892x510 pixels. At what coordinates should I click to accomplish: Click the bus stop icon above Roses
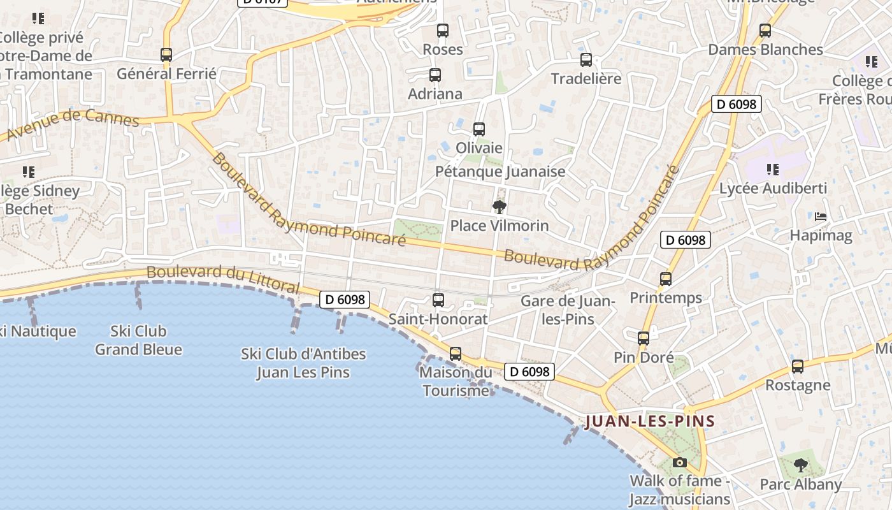pos(442,31)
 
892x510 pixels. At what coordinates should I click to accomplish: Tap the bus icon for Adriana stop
pos(435,75)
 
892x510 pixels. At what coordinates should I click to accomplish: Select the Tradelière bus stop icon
pos(586,60)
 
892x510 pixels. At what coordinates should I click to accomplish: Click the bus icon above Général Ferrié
pos(166,55)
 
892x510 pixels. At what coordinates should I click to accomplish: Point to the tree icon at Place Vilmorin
pos(500,207)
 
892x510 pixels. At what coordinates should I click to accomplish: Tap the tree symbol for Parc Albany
pos(801,465)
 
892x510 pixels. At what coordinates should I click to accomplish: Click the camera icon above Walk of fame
pos(680,462)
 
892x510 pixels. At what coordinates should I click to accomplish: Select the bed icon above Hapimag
pos(821,217)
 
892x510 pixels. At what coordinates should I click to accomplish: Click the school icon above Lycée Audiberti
pos(773,170)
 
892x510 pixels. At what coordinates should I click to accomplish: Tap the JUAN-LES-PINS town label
pos(650,421)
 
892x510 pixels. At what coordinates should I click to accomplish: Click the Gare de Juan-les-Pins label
pos(567,310)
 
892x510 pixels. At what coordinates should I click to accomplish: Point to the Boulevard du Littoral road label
pos(223,279)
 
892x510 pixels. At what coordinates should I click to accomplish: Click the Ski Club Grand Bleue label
pos(138,340)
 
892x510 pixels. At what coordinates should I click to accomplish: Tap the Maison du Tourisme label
pos(456,381)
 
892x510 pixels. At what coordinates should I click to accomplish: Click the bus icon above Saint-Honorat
pos(438,300)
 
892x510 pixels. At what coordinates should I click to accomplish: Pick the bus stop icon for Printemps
pos(666,279)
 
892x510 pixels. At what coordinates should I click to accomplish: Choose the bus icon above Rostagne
pos(798,367)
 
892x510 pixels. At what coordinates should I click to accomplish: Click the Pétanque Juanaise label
pos(500,171)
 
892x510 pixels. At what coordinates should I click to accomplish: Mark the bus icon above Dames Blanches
pos(765,31)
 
